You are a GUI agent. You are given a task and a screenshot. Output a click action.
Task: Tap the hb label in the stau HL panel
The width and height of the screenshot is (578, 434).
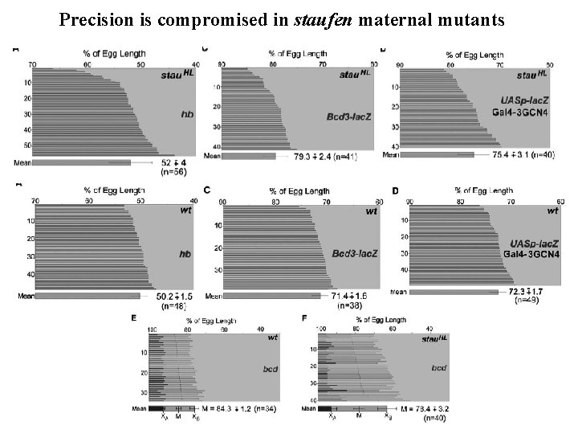click(185, 115)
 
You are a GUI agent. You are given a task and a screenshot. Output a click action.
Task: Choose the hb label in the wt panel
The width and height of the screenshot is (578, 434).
click(185, 255)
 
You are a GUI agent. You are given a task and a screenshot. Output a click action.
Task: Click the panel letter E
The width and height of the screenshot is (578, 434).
click(133, 319)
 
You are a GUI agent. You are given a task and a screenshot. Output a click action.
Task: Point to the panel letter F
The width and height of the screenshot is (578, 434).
click(304, 319)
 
